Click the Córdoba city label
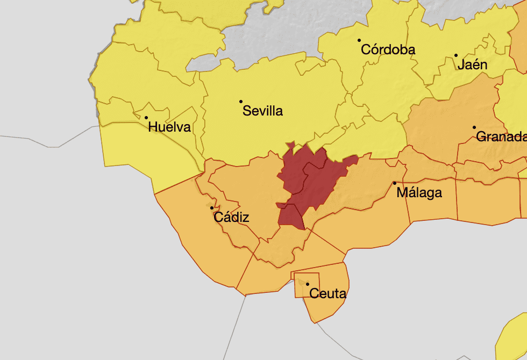pyautogui.click(x=388, y=50)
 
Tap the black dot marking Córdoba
pyautogui.click(x=359, y=40)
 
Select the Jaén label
pyautogui.click(x=473, y=65)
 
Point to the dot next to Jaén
pyautogui.click(x=456, y=55)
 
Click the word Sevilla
pyautogui.click(x=262, y=112)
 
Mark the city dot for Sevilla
pyautogui.click(x=241, y=102)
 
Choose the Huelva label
pyautogui.click(x=169, y=128)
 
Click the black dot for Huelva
pyautogui.click(x=146, y=118)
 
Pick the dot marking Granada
pyautogui.click(x=474, y=127)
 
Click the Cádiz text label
pyautogui.click(x=231, y=218)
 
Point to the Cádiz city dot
pyautogui.click(x=212, y=208)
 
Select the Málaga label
pyautogui.click(x=419, y=193)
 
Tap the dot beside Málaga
pyautogui.click(x=395, y=183)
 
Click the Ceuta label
pyautogui.click(x=328, y=294)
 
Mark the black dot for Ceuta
pyautogui.click(x=308, y=284)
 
